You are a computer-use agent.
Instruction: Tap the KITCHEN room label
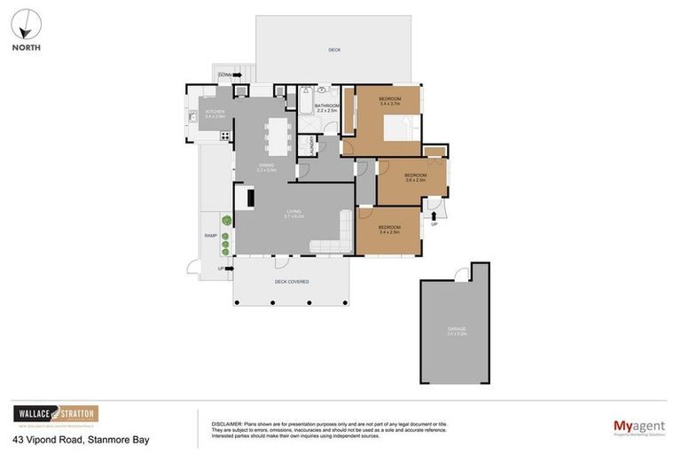click(215, 113)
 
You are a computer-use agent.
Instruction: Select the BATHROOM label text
click(326, 107)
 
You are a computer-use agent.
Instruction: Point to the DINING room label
click(266, 166)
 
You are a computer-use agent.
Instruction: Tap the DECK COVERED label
click(291, 282)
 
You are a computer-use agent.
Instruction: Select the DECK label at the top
click(334, 50)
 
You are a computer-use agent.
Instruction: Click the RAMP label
click(210, 236)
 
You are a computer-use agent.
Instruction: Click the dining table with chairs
click(278, 136)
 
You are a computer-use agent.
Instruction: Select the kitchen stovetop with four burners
click(225, 136)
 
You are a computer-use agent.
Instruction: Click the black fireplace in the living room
click(251, 197)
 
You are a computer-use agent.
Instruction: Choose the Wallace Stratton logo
click(55, 414)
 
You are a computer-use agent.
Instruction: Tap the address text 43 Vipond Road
click(80, 440)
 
